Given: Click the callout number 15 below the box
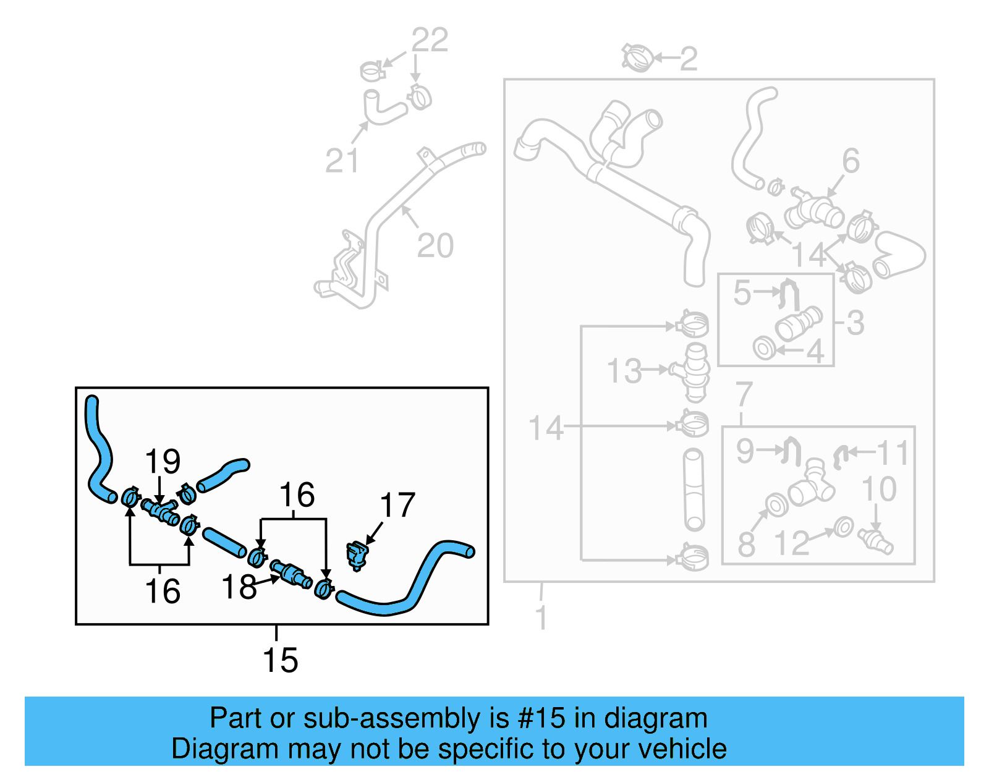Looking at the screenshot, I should pos(280,660).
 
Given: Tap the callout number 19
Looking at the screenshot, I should pos(163,462).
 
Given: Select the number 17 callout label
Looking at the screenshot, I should pos(397,506).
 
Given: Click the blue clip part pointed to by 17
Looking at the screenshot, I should pos(357,554).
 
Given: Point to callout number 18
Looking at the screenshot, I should pos(239,587).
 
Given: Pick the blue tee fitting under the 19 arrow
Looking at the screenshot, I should pos(161,512).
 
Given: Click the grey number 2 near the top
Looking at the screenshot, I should pos(689,59).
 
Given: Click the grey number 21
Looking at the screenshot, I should pos(342,161).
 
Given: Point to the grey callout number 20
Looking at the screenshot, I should pos(435,246).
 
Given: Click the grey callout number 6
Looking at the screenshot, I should pos(851,161).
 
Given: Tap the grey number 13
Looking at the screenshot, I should pos(624,371).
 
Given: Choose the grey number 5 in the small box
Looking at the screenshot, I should pos(742,293).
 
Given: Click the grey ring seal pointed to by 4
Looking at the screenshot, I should pos(765,348).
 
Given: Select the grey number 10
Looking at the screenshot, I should pos(879,489).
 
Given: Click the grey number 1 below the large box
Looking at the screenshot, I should pos(541,617).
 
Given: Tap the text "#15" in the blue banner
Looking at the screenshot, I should pos(541,718).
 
